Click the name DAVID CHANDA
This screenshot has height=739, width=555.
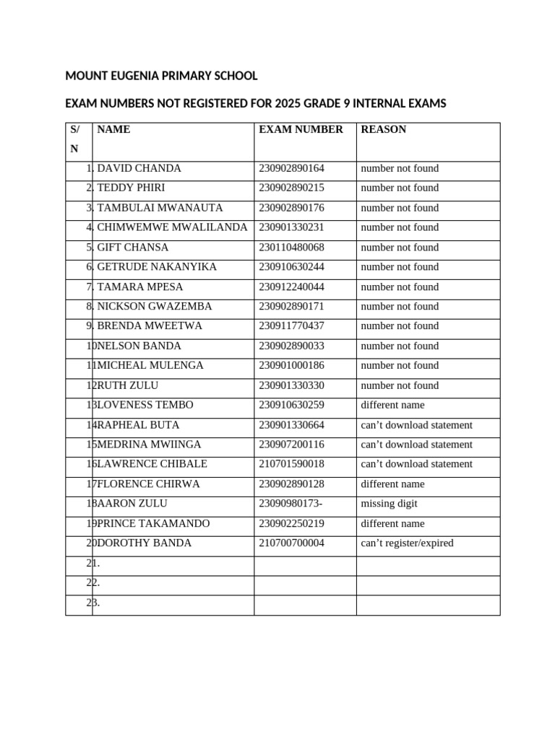tap(139, 168)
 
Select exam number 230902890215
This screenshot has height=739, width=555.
tap(291, 188)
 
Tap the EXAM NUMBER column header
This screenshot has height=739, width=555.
tap(301, 130)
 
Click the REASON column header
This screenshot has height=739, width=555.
tap(383, 130)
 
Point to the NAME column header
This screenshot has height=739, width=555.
tap(113, 130)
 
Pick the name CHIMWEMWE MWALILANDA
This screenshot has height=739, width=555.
tap(172, 227)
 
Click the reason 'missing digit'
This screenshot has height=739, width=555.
tap(389, 504)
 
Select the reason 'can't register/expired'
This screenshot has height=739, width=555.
tap(407, 543)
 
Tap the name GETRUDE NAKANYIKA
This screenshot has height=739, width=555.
tap(157, 267)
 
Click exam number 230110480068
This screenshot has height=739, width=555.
tap(291, 248)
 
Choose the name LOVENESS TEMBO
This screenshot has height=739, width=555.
tap(145, 405)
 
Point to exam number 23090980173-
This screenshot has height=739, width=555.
tap(291, 504)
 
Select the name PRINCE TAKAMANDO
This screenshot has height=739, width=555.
tap(153, 523)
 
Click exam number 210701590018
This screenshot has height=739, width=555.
tap(291, 464)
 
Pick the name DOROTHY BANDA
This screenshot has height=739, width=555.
tap(145, 543)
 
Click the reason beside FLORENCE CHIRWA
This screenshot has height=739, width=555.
tap(392, 484)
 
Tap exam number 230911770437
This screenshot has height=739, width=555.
tap(291, 326)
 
